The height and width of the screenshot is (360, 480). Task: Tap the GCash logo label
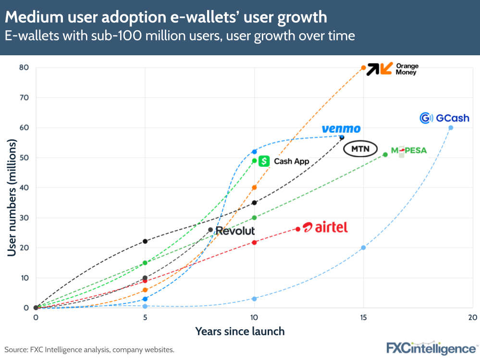[x=444, y=118]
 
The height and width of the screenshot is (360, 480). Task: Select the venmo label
[x=341, y=129]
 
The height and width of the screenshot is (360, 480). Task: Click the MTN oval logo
[x=360, y=149]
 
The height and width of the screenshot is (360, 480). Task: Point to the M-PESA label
[x=409, y=150]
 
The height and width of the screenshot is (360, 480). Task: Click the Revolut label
[x=235, y=231]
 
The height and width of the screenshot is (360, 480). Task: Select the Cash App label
[x=284, y=161]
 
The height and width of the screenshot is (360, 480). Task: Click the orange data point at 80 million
[x=363, y=68]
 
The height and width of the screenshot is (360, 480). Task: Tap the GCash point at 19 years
[x=451, y=127]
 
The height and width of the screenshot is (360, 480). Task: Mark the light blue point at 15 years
[x=363, y=248]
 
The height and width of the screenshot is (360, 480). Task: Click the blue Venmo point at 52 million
[x=254, y=152]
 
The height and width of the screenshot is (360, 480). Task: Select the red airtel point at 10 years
[x=254, y=242]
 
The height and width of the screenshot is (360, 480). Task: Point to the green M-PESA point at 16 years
[x=385, y=154]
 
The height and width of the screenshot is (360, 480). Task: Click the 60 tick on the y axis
[x=24, y=127]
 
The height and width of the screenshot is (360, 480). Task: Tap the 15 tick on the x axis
[x=363, y=318]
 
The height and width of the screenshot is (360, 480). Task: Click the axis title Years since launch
[x=240, y=331]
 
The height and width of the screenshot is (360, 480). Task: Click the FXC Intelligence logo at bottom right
[x=432, y=348]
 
